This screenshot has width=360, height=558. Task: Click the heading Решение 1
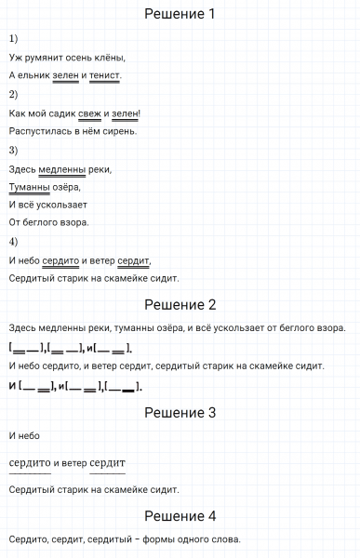coord(180,14)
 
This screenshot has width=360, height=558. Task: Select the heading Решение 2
coord(180,304)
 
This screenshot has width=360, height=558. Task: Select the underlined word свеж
coord(90,114)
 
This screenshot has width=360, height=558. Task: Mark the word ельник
coord(34,75)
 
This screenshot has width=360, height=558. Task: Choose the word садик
coord(60,114)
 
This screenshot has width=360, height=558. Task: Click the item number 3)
coord(13,150)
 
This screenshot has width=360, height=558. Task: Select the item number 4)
coord(13,242)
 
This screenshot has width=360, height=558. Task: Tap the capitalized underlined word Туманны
coord(28,187)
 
